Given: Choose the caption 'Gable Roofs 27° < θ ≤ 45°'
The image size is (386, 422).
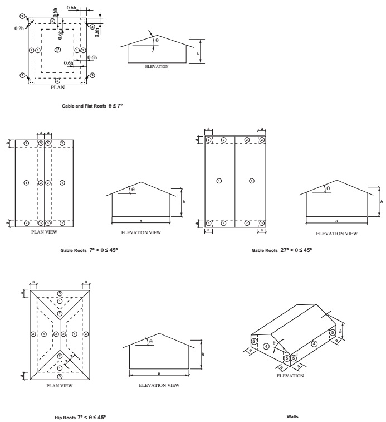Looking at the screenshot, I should tap(282, 250).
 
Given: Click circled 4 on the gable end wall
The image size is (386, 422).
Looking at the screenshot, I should tap(266, 346).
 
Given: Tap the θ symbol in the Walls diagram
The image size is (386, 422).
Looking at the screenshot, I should tap(274, 343).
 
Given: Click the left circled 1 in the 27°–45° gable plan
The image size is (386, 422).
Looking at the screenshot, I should tap(219, 181).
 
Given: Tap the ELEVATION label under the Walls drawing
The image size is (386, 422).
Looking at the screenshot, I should tap(290, 376).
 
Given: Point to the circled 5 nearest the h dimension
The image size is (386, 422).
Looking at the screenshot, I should tap(333, 333).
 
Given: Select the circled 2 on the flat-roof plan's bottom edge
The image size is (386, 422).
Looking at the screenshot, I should tap(57, 80).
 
